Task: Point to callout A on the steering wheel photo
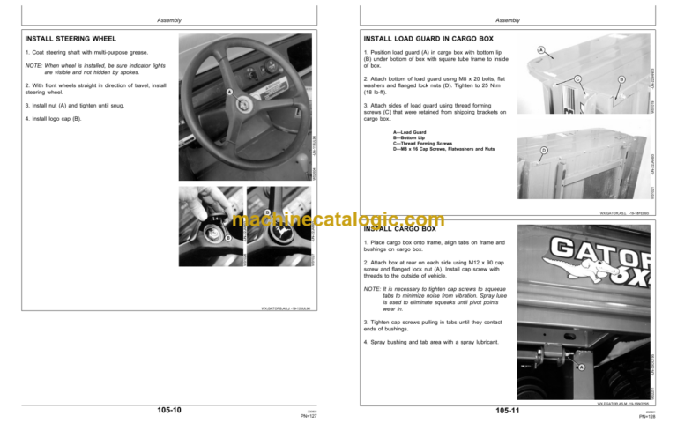tap(228, 93)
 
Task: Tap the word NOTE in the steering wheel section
tap(33, 65)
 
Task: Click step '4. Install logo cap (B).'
tap(54, 118)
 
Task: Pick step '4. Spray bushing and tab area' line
tap(431, 341)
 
